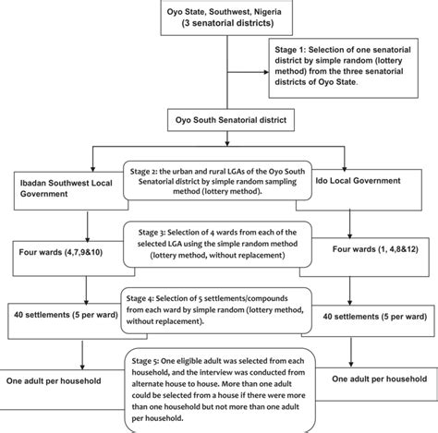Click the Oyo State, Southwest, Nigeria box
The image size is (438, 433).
click(x=218, y=20)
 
